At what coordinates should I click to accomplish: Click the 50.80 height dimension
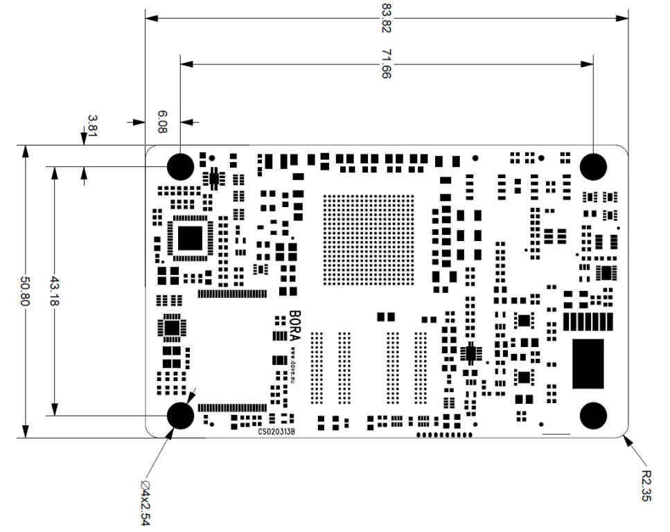click(26, 292)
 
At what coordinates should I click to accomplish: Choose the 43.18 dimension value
click(54, 292)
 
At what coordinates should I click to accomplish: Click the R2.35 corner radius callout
click(646, 486)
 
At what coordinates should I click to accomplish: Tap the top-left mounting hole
click(181, 166)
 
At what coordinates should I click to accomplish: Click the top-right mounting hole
click(593, 166)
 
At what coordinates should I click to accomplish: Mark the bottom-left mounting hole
click(181, 415)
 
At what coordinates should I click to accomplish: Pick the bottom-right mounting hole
click(593, 415)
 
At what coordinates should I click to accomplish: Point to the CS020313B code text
click(276, 431)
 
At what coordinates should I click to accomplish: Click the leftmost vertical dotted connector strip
click(317, 367)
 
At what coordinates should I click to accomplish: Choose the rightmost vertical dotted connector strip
click(421, 367)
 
